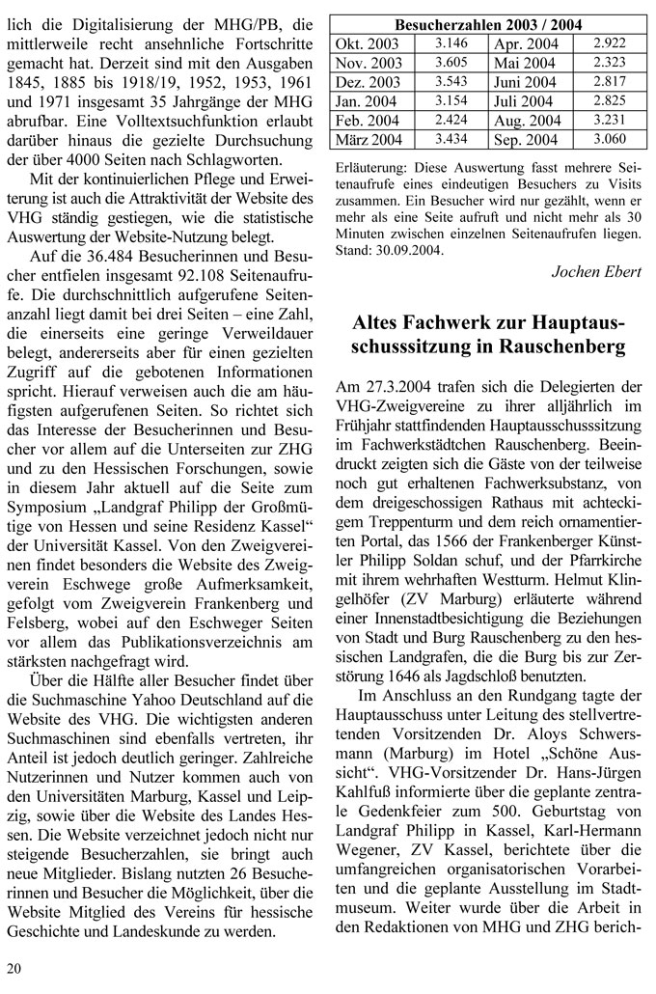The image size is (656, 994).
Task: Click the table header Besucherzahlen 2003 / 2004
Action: [488, 25]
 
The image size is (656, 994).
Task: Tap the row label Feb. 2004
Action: [367, 121]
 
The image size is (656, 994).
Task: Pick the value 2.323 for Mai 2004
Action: [610, 63]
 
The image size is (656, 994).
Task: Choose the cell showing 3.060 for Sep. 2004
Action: [610, 140]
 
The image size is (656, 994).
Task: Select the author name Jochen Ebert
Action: [596, 271]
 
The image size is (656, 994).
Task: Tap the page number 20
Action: [14, 968]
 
